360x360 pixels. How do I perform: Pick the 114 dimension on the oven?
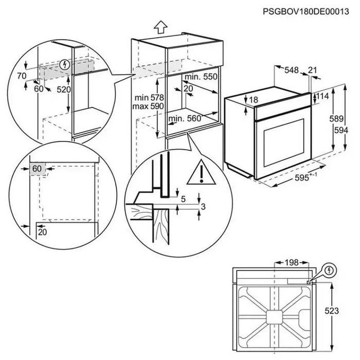pyautogui.click(x=322, y=97)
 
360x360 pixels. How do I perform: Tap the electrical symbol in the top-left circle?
pyautogui.click(x=64, y=65)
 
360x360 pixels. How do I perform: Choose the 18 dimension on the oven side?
pyautogui.click(x=254, y=100)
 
